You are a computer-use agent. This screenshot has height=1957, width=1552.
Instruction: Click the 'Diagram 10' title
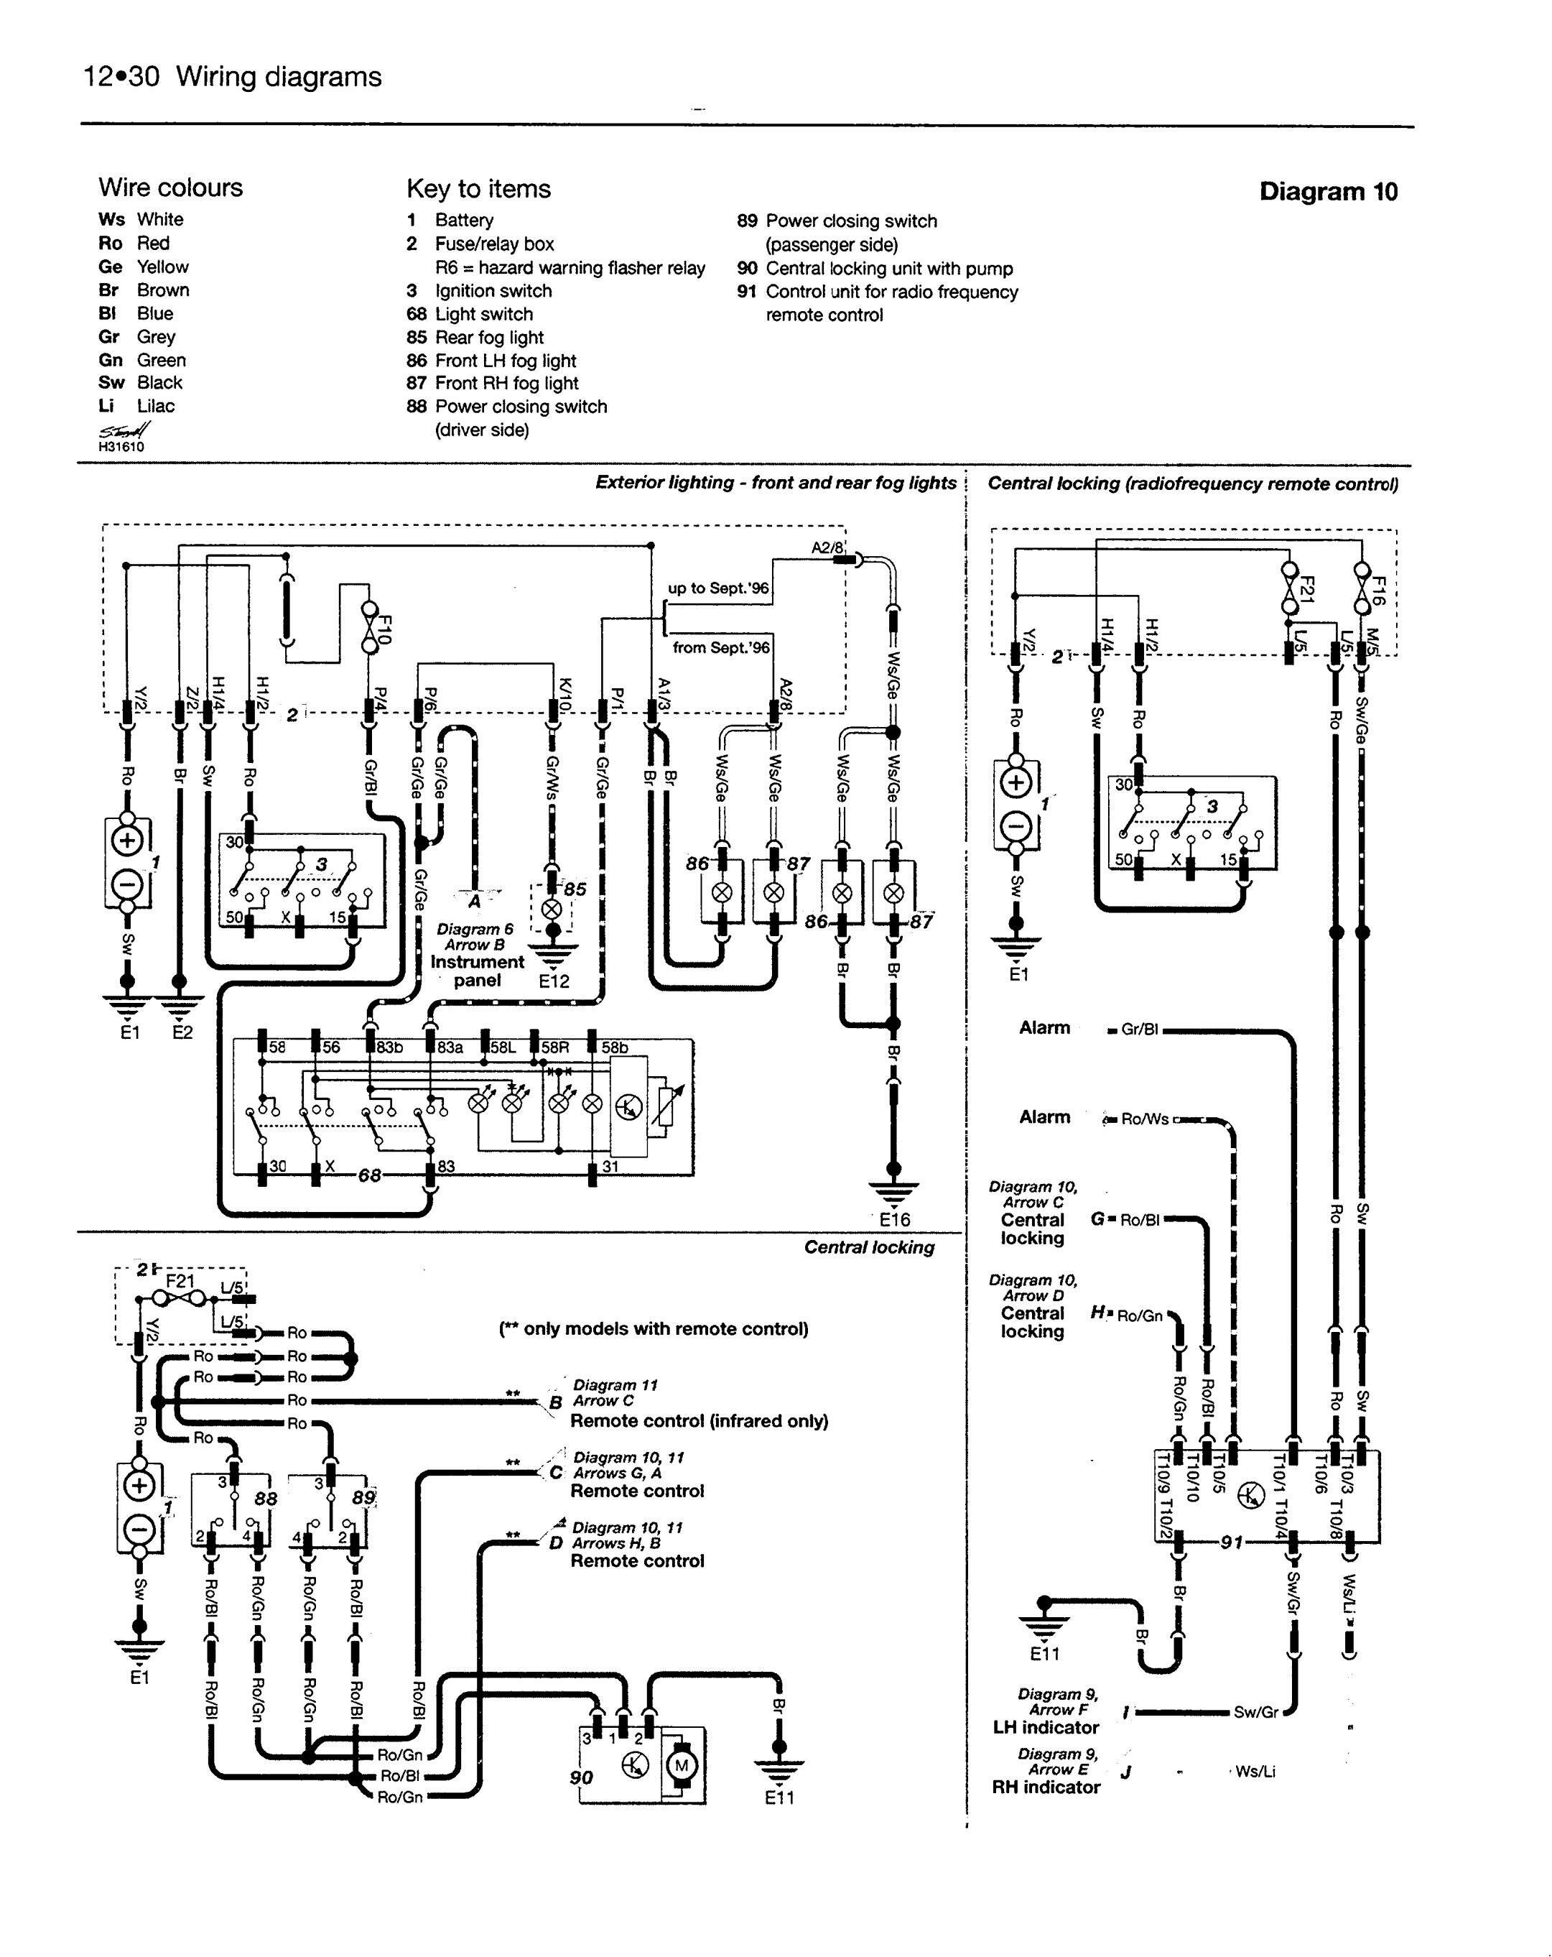(1328, 192)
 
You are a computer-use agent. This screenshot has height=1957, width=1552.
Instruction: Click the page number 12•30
(121, 77)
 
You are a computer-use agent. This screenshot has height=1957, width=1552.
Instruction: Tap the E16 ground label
(894, 1219)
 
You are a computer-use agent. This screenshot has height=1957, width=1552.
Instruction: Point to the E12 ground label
(554, 981)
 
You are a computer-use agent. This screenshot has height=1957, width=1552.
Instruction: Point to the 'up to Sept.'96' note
(718, 588)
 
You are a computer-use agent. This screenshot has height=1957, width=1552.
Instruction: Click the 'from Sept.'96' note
(720, 647)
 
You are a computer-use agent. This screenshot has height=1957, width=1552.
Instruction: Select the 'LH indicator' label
(1046, 1726)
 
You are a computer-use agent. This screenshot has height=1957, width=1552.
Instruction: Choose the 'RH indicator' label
(1046, 1786)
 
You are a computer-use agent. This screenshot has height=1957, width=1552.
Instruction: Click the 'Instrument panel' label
(476, 971)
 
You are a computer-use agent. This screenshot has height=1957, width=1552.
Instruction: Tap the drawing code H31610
(121, 447)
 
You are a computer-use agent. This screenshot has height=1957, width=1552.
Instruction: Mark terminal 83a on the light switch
(450, 1047)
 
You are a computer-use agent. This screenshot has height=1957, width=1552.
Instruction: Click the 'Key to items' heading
(478, 189)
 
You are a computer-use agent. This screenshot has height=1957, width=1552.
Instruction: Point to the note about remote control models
(654, 1329)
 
